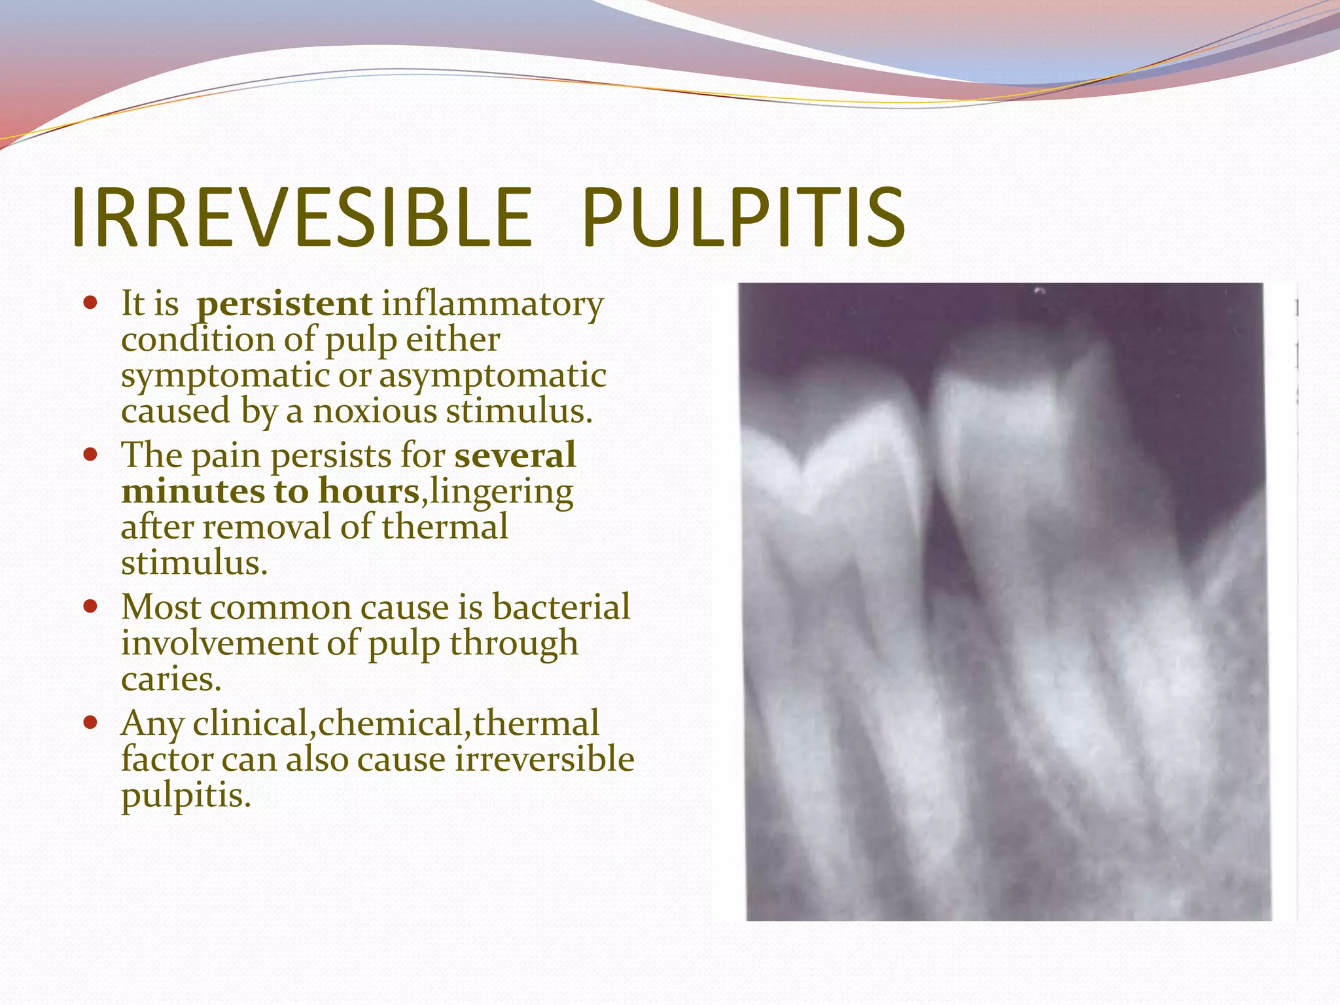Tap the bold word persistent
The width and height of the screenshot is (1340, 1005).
coord(285,304)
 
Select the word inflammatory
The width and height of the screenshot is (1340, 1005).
coord(492,304)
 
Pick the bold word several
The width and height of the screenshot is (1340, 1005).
coord(515,455)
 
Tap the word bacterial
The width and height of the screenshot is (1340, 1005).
coord(561,607)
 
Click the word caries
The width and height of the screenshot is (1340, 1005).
coord(171,679)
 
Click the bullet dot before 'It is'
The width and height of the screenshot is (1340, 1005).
coord(90,304)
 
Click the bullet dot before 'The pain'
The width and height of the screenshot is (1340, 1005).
coord(90,454)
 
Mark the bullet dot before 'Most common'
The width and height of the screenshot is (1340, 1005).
coord(90,606)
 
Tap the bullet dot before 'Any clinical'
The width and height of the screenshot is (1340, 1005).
coord(90,722)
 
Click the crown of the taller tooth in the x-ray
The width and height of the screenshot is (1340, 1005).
coord(1021,419)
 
